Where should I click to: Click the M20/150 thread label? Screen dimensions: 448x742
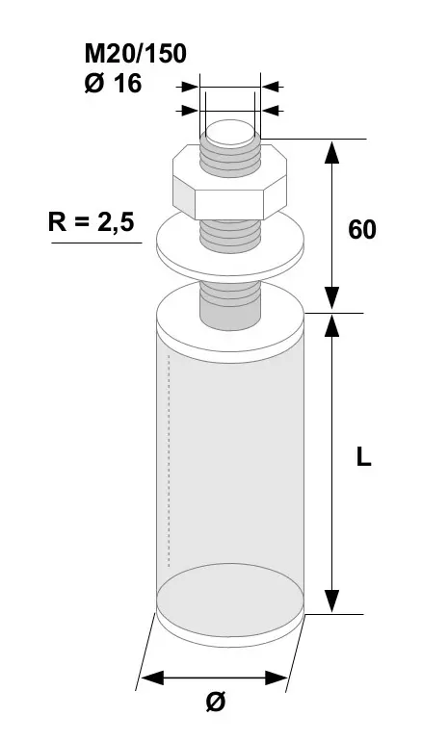point(136,54)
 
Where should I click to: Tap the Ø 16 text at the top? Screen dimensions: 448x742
point(113,84)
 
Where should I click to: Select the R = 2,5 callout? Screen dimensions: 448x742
point(92,221)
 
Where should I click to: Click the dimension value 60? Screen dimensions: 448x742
point(362,230)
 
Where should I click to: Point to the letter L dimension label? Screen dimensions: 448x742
point(364,457)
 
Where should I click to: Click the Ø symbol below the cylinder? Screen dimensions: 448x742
point(216,701)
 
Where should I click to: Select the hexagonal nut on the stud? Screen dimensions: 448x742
point(229,182)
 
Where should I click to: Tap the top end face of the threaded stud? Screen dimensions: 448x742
point(230,133)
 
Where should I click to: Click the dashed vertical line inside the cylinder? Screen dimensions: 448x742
point(169,460)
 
